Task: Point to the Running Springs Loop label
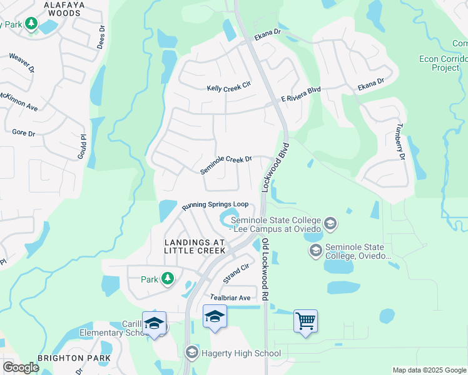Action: point(215,204)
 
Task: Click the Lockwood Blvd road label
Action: point(277,167)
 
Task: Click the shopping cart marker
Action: point(305,321)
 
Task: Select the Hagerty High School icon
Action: point(191,353)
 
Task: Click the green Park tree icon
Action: point(167,279)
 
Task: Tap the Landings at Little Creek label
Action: point(194,246)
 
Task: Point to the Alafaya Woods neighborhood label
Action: point(54,8)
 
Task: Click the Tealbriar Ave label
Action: point(230,297)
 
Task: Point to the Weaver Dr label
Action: point(21,64)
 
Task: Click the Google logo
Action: point(21,367)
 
